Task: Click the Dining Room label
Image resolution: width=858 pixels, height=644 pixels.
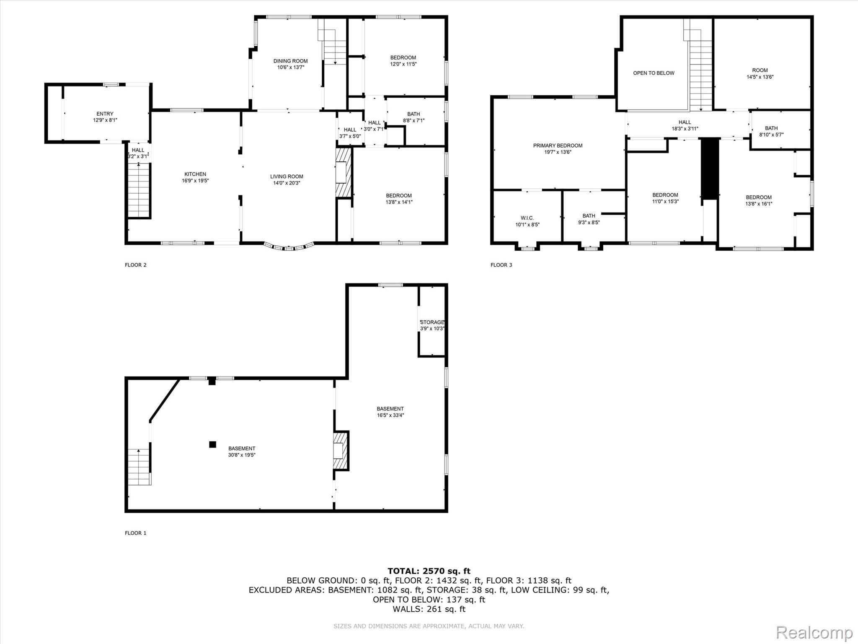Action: (x=290, y=61)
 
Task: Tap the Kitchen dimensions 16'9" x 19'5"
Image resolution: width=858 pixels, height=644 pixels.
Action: (x=195, y=181)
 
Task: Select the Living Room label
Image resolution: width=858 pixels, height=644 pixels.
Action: (x=287, y=177)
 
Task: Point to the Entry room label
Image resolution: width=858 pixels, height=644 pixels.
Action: (x=105, y=114)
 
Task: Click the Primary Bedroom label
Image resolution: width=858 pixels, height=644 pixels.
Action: (x=558, y=146)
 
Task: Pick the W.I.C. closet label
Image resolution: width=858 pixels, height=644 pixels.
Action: (x=527, y=218)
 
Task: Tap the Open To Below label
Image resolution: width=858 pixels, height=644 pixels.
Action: (x=654, y=73)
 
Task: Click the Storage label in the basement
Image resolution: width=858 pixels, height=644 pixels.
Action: (x=432, y=322)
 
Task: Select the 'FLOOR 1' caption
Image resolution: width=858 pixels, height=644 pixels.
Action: (x=136, y=533)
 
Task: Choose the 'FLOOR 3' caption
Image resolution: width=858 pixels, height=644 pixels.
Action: (x=501, y=265)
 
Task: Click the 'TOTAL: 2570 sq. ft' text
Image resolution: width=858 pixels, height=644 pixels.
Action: (x=429, y=571)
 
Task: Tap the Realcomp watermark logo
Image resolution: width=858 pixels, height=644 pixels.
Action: (x=814, y=632)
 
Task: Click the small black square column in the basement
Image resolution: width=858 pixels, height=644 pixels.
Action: (x=213, y=444)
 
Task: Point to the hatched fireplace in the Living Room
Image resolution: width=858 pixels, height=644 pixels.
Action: (x=343, y=172)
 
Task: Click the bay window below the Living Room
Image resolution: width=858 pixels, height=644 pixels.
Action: (x=289, y=247)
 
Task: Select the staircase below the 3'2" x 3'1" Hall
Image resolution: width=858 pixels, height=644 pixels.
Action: (x=139, y=190)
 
